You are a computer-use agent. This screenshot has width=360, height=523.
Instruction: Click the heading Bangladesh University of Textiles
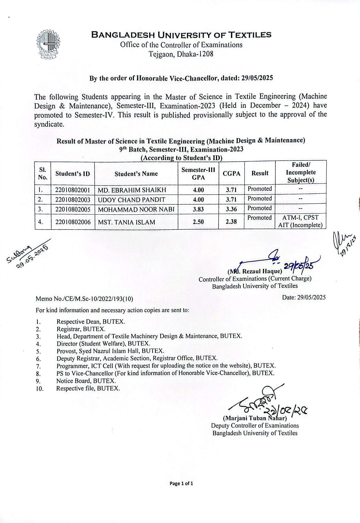coord(181,35)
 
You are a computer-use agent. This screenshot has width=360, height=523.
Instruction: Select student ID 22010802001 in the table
coord(72,190)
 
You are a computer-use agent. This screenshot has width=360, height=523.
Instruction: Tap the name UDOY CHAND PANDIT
coord(131,200)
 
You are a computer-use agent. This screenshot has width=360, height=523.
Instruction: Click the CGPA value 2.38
coord(231,222)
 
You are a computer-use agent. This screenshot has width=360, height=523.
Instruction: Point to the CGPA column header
coord(231,173)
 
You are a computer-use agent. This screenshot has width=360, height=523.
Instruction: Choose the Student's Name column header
coord(136,174)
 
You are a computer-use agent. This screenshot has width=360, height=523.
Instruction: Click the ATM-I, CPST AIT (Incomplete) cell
coord(300,221)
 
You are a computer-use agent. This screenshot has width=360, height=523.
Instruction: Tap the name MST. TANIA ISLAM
coord(126,222)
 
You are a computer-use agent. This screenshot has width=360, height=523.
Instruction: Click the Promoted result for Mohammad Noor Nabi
coord(259,208)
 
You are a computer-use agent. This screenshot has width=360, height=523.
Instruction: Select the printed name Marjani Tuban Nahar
coord(255,418)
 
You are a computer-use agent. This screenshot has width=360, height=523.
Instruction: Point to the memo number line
coord(84,299)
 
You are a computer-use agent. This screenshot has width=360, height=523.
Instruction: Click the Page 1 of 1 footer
coord(181,483)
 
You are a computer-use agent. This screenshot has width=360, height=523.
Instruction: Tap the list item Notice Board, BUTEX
coord(86,381)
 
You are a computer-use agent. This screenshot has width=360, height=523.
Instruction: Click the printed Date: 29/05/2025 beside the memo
coord(304,297)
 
